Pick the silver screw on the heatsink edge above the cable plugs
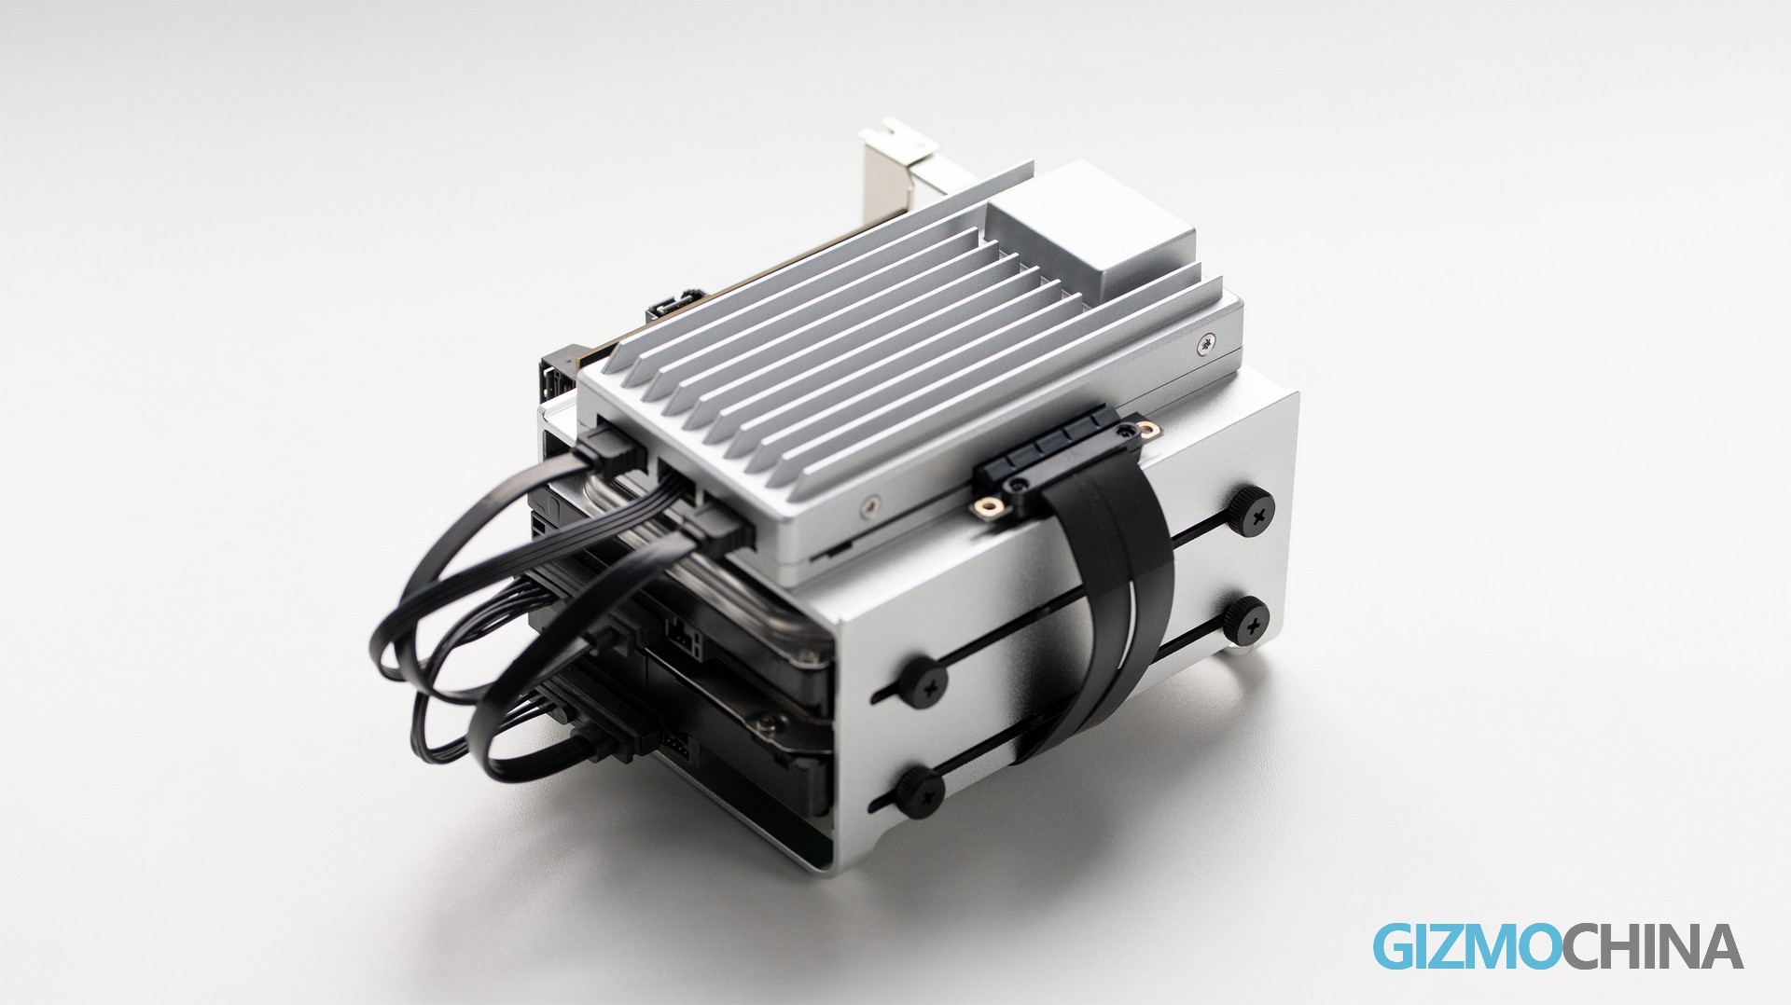[x=870, y=504]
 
